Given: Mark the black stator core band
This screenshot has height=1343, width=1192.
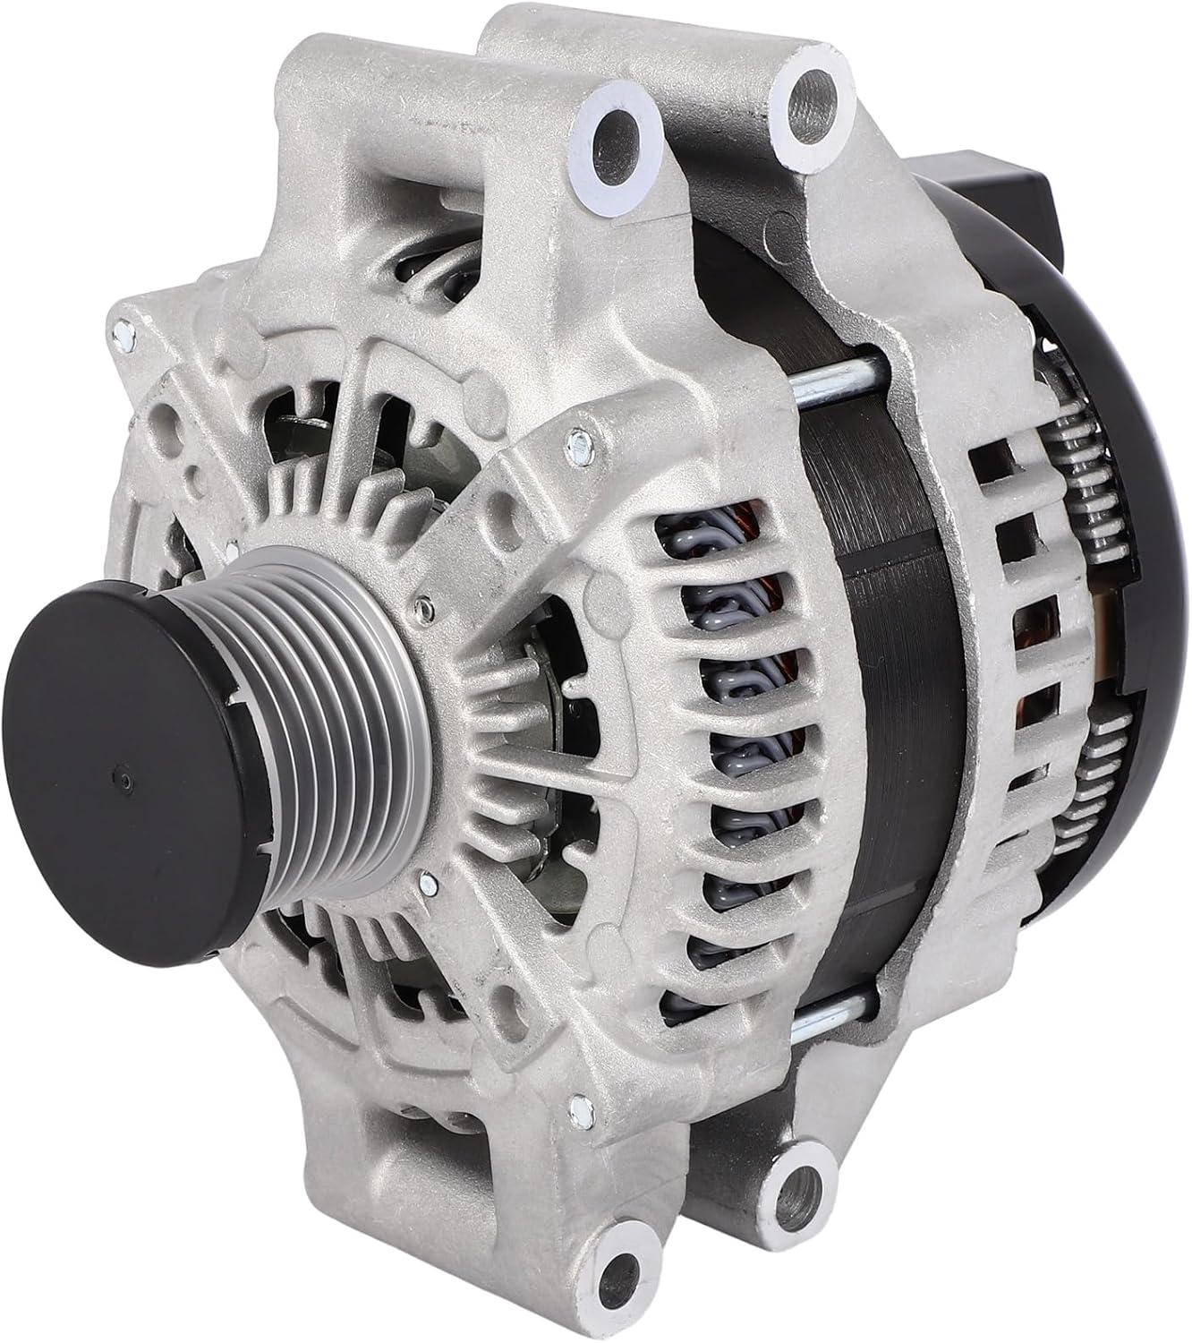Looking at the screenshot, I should coord(886,680).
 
